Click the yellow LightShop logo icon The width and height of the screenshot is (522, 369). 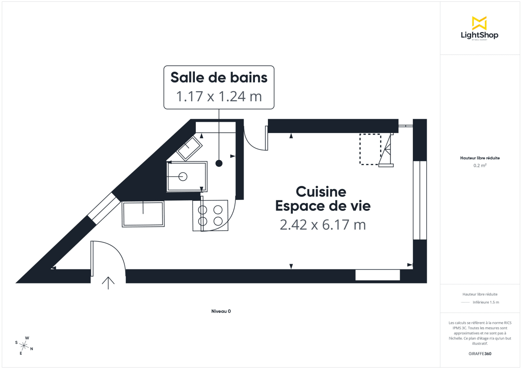tap(479, 23)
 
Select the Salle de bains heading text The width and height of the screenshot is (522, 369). tap(219, 77)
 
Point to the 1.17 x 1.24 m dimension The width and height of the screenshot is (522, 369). tap(219, 96)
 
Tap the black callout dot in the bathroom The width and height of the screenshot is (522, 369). tap(219, 163)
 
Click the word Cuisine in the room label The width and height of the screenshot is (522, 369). tap(321, 191)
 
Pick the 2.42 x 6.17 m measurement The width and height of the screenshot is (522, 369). tap(322, 225)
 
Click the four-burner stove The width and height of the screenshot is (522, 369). tap(211, 216)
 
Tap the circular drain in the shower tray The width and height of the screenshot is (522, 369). tap(183, 176)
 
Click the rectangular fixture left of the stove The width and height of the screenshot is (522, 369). tap(143, 214)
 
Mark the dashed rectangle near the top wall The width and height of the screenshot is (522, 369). tap(370, 149)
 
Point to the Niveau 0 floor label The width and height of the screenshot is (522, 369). tap(221, 311)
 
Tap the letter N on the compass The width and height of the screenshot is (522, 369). tap(31, 349)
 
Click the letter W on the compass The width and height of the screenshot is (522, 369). tap(27, 338)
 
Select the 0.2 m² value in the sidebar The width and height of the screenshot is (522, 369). tap(480, 166)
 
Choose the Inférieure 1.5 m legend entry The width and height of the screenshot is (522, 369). tap(486, 302)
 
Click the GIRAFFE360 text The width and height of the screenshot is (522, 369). tap(480, 354)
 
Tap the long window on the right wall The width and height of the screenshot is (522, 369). tap(420, 200)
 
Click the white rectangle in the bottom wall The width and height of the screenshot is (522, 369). tap(377, 275)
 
